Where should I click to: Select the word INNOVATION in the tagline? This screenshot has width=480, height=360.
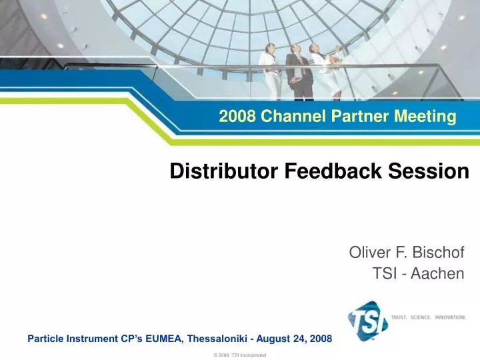click(x=451, y=317)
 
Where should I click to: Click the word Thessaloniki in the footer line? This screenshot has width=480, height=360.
click(x=219, y=338)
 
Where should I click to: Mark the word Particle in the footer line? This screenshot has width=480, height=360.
click(x=47, y=338)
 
